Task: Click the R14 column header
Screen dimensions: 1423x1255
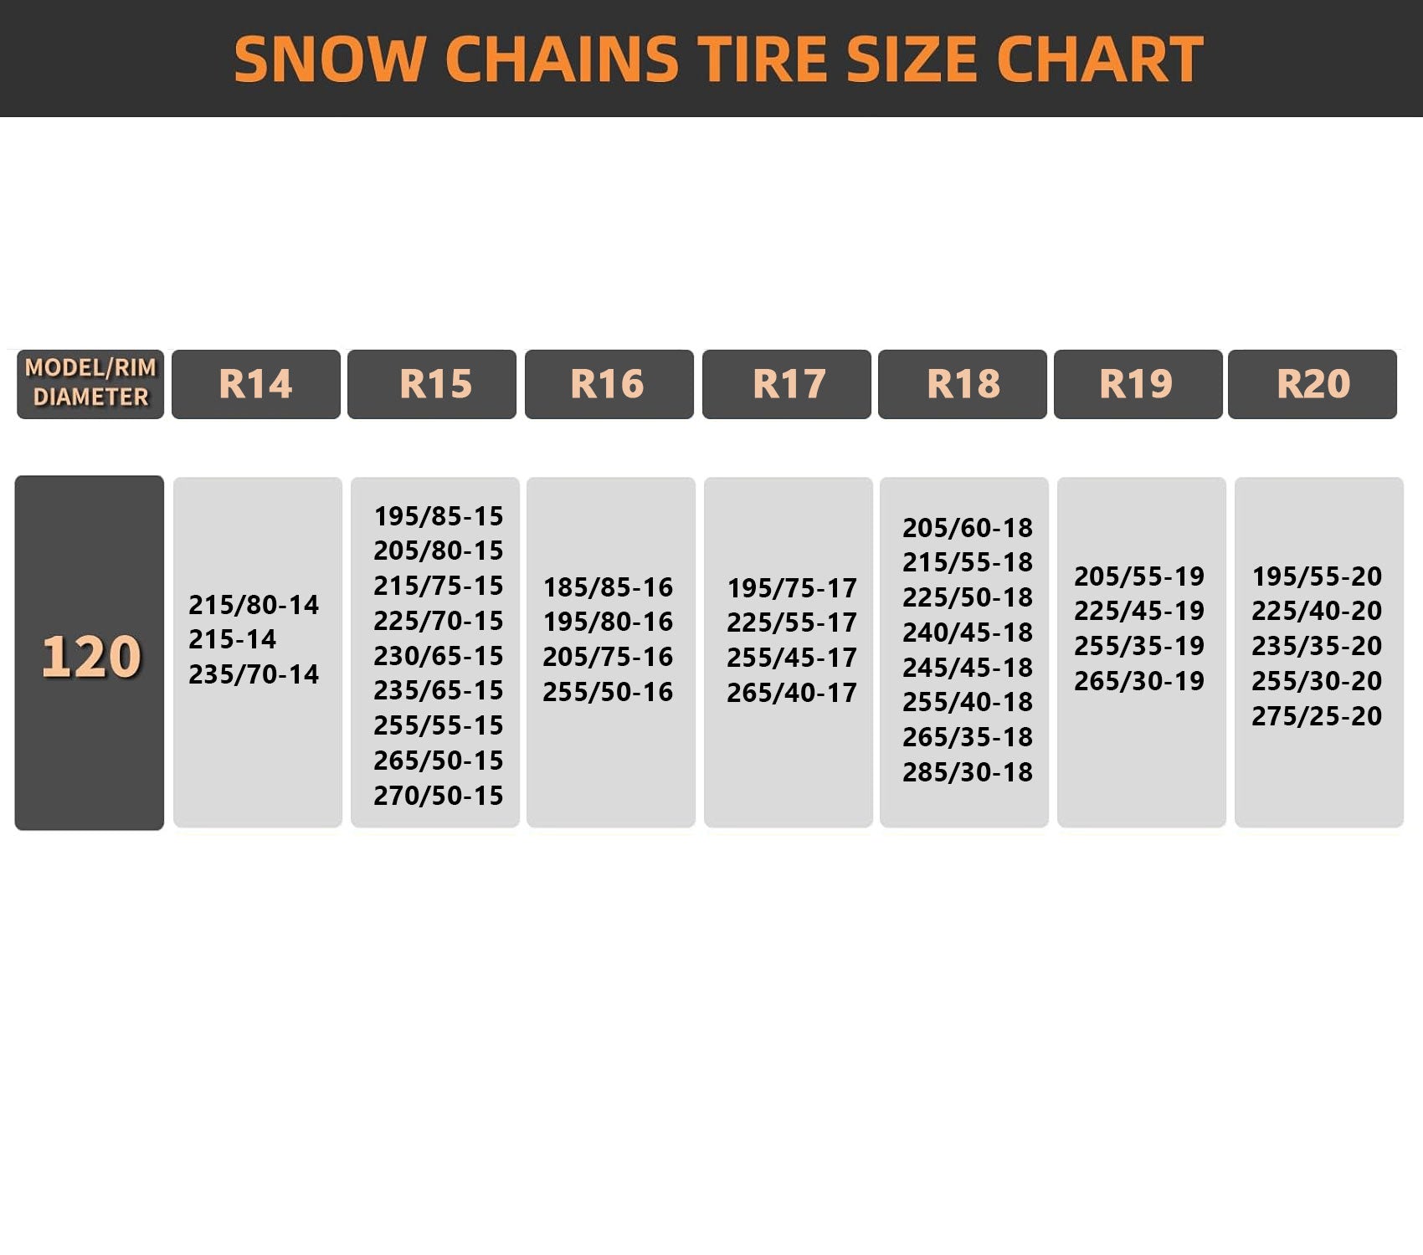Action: (256, 384)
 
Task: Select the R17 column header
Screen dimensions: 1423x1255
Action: (787, 384)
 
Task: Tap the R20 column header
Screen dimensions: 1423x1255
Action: (1313, 384)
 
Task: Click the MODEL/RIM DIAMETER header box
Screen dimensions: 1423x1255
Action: (90, 384)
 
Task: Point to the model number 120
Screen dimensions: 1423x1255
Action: (90, 656)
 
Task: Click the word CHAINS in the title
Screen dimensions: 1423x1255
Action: (562, 59)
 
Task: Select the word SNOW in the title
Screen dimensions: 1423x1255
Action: (330, 59)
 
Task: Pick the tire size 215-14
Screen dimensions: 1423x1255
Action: (232, 639)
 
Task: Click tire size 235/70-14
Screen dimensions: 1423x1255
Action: (254, 674)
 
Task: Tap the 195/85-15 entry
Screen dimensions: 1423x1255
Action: (439, 516)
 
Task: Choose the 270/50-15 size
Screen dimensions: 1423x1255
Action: (439, 796)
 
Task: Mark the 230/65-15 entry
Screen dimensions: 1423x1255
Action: (439, 656)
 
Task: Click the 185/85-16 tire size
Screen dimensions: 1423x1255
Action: (608, 587)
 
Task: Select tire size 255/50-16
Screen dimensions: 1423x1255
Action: (608, 692)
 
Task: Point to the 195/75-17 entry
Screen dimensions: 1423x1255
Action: (792, 588)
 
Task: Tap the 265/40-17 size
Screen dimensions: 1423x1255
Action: (792, 693)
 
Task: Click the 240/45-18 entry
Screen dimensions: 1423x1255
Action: (968, 633)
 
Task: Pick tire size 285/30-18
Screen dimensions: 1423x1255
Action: (968, 772)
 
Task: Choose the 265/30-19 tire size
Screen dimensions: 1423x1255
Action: (1139, 681)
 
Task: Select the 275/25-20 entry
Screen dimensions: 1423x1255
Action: (1317, 716)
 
